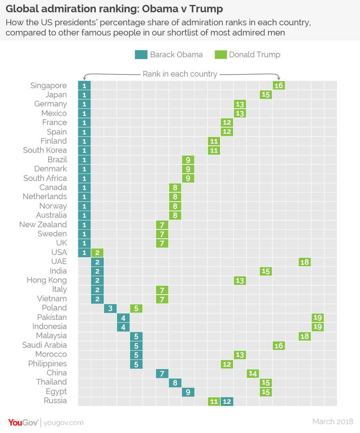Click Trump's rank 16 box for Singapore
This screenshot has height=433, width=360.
click(x=279, y=85)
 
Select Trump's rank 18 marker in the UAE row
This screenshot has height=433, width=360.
click(x=305, y=262)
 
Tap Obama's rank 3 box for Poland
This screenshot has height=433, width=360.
click(x=110, y=308)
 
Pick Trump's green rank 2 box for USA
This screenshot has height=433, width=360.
click(x=97, y=252)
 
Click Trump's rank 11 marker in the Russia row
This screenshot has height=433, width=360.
click(x=214, y=401)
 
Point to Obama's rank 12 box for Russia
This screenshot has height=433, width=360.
click(x=227, y=401)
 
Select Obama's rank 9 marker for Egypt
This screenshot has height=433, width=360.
click(x=188, y=392)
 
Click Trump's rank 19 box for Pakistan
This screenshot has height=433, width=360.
click(x=317, y=317)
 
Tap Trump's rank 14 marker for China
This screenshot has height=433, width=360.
click(x=253, y=373)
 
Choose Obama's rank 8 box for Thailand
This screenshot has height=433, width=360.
click(x=175, y=383)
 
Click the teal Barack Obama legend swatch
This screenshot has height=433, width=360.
click(x=141, y=54)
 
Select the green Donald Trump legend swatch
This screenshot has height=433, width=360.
click(x=221, y=54)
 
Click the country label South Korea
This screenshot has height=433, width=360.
click(x=45, y=150)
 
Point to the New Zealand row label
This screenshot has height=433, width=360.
click(x=43, y=224)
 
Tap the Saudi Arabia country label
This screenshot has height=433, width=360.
click(x=44, y=345)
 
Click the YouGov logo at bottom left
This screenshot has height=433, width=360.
click(x=23, y=422)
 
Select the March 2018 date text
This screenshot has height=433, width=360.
click(x=333, y=421)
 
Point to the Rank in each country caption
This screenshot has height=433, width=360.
click(x=180, y=74)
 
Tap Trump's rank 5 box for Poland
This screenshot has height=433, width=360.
click(x=136, y=308)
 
